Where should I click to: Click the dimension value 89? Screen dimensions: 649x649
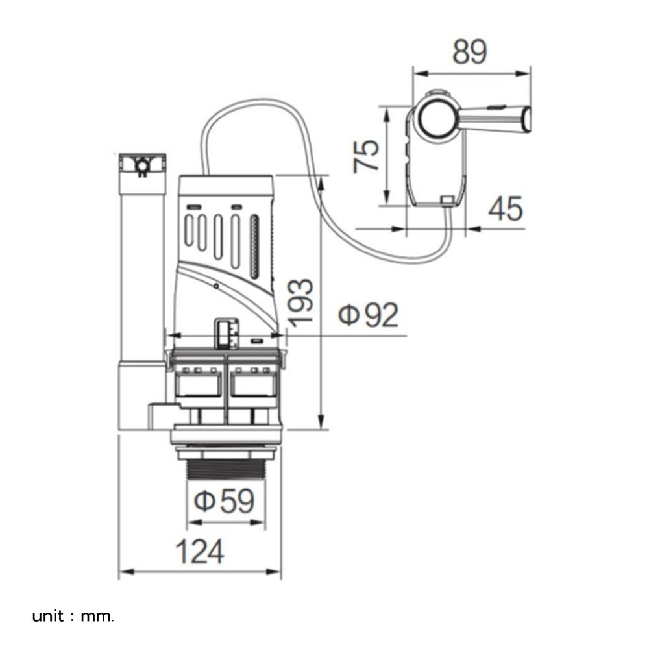(x=470, y=51)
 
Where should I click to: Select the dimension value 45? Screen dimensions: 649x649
(x=505, y=209)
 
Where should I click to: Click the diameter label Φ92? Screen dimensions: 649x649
(x=368, y=315)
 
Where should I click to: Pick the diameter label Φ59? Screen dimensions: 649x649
(x=225, y=501)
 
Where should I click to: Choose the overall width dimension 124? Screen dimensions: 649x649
(x=200, y=552)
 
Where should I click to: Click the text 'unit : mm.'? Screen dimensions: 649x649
(x=73, y=615)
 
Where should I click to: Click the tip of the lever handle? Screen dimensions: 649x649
(x=526, y=119)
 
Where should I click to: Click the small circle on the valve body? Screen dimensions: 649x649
(x=217, y=286)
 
